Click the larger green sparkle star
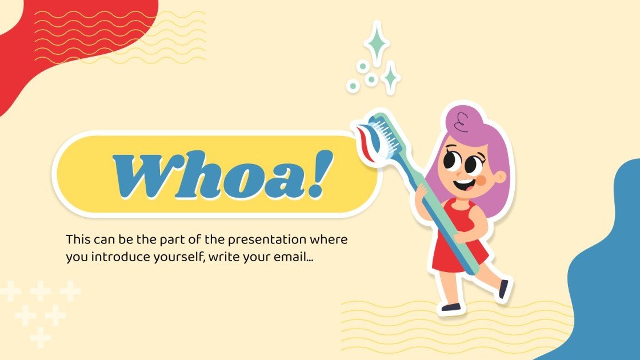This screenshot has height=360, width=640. tap(376, 42)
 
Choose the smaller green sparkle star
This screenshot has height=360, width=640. tap(391, 77)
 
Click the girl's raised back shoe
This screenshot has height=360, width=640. tap(503, 289)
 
